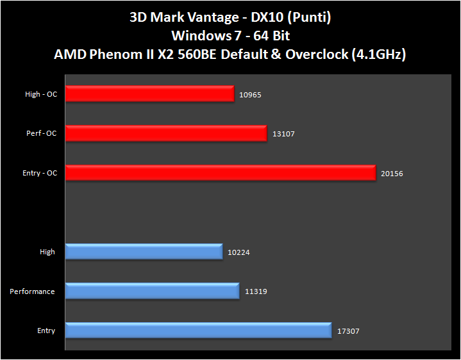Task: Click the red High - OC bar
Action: click(149, 94)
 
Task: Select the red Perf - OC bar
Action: click(165, 133)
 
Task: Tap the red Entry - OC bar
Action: click(220, 173)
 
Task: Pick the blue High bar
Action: click(144, 252)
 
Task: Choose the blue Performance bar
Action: click(152, 291)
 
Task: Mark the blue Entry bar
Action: click(198, 331)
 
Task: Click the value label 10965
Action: click(251, 95)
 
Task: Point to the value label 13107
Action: click(283, 134)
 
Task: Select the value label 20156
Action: click(392, 174)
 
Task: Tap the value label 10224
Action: click(239, 252)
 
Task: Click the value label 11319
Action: click(256, 292)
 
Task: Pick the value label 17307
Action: click(348, 331)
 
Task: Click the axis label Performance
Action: click(32, 291)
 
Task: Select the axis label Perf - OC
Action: click(41, 133)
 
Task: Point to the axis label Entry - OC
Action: click(40, 173)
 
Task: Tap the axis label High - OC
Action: click(41, 94)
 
